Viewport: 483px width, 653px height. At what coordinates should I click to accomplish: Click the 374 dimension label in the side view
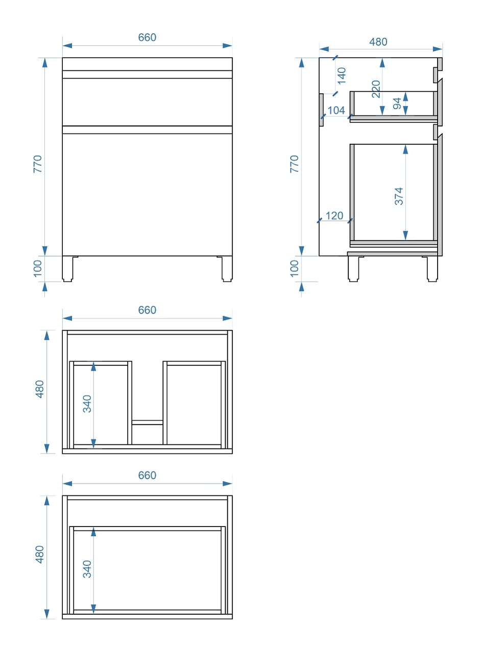398,196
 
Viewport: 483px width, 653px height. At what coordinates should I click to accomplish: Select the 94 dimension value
397,104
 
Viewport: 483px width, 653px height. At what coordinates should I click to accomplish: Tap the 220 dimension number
376,89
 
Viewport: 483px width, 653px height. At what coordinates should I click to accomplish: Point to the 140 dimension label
341,76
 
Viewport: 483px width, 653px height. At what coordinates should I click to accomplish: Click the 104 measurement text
336,110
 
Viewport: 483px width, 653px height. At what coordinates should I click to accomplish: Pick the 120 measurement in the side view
334,216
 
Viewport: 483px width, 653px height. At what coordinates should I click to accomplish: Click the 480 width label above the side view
378,42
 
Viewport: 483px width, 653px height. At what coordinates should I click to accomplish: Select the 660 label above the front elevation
147,37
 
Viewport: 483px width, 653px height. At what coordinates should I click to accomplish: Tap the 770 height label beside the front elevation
38,164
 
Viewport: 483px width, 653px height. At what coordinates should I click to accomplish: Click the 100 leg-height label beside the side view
295,268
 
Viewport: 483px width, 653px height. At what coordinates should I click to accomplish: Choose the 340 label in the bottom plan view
87,569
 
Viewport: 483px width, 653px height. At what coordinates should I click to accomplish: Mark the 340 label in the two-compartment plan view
87,404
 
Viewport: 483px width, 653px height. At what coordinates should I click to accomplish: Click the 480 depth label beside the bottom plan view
39,555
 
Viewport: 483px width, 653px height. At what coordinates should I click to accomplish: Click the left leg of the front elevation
67,268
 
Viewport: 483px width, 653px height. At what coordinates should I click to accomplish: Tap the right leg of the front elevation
227,268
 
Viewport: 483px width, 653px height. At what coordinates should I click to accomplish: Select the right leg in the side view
432,268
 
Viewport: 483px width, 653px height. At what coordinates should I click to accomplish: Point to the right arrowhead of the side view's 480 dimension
438,49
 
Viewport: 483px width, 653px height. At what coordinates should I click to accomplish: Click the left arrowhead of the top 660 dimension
67,45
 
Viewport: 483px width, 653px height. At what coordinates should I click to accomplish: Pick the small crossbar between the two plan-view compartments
148,422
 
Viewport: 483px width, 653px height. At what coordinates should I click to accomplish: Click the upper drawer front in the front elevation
148,102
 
